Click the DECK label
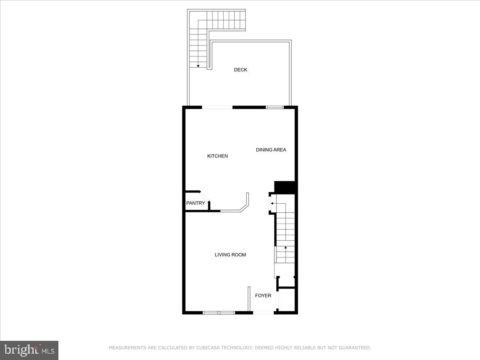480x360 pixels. (240, 70)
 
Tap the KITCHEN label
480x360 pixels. (217, 156)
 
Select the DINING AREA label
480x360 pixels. (271, 150)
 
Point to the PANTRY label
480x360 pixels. (195, 203)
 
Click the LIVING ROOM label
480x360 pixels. (230, 254)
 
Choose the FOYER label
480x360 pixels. (263, 296)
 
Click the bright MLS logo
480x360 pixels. (29, 350)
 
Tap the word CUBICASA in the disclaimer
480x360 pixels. (212, 348)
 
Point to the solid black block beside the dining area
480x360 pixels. (284, 187)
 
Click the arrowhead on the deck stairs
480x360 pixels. (198, 66)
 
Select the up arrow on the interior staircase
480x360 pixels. (285, 248)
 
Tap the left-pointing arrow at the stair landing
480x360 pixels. (272, 204)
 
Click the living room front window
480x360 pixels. (218, 312)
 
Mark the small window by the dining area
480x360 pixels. (275, 107)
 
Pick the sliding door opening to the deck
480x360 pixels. (217, 107)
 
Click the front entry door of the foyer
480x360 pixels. (263, 312)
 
